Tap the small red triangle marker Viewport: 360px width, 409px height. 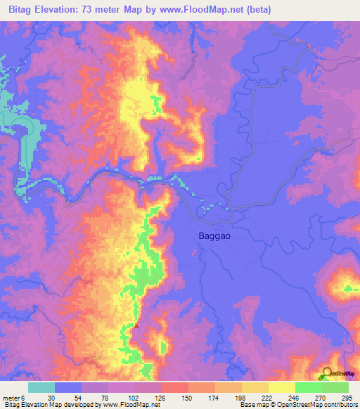point(136,325)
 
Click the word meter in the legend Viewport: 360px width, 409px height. point(11,397)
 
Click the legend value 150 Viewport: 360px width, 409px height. point(186,397)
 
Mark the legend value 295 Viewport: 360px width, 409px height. point(345,397)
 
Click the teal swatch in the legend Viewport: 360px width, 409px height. point(41,387)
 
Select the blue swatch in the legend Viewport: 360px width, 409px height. point(68,387)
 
